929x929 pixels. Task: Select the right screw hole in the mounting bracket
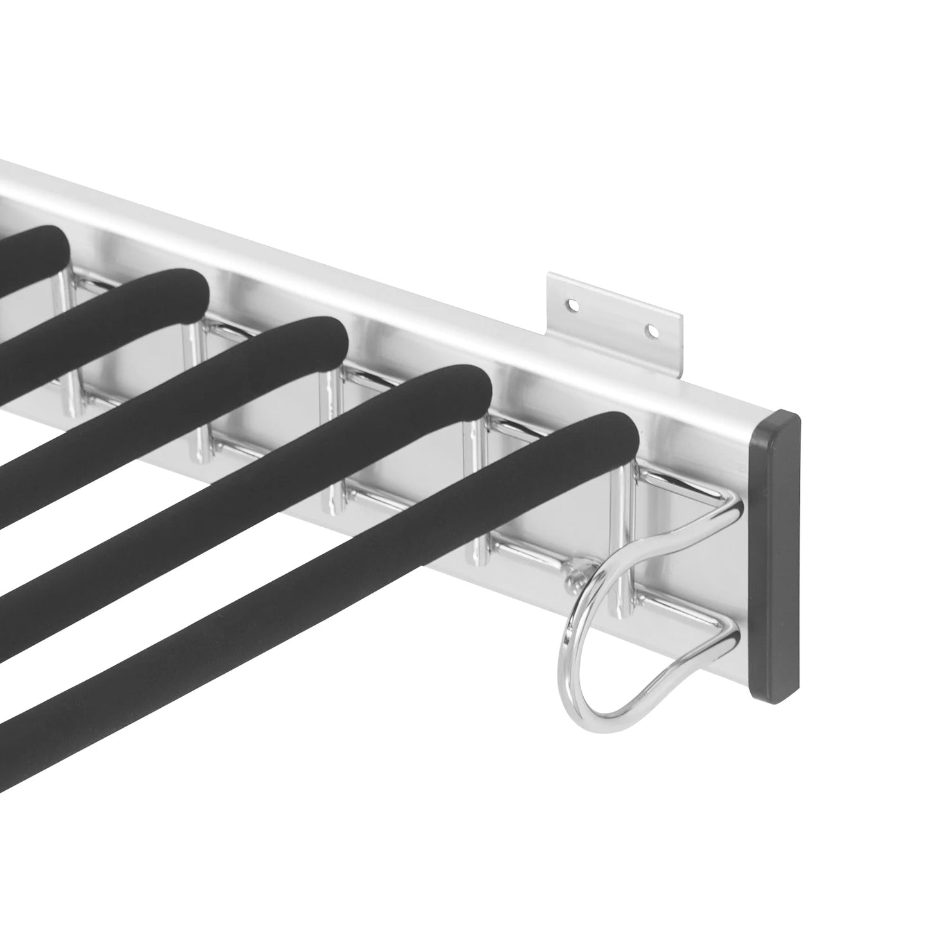[653, 331]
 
